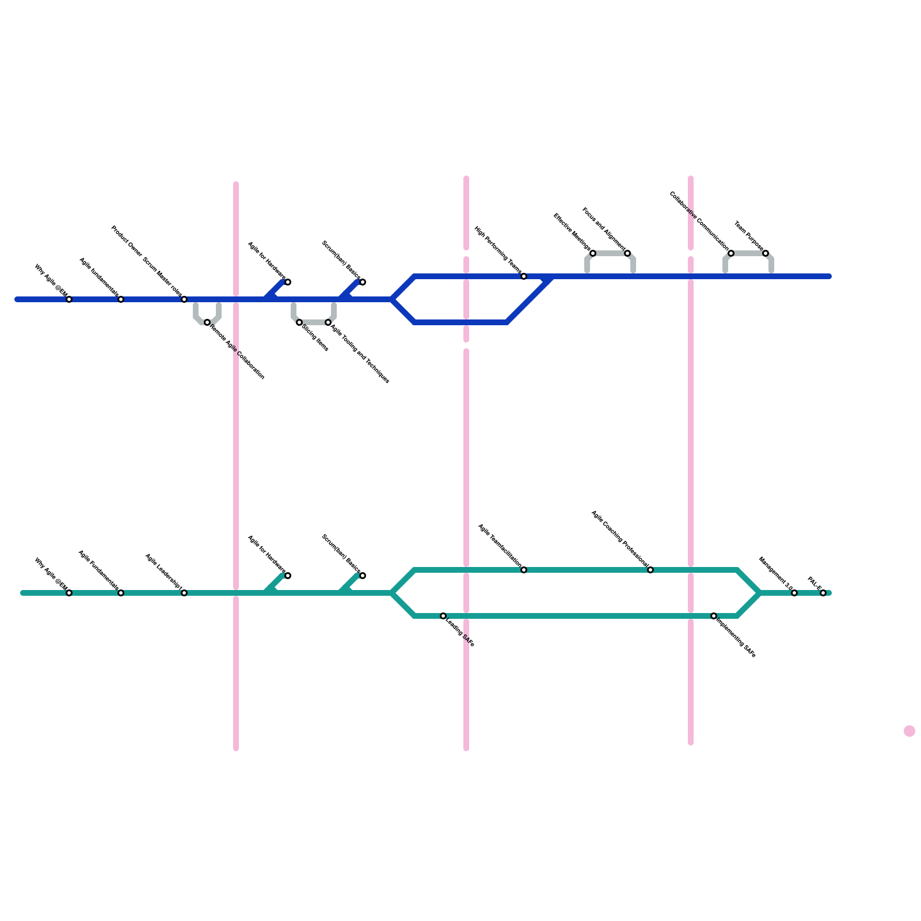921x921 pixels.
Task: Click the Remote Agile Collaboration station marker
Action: [x=207, y=322]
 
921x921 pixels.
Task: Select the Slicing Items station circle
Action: [x=299, y=322]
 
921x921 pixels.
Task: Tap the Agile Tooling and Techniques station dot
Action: [x=328, y=322]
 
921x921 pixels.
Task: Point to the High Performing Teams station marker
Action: [x=524, y=277]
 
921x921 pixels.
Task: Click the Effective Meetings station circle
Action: [x=593, y=253]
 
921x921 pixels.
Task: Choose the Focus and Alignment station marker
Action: [x=627, y=253]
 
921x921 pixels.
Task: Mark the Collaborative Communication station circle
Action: [x=731, y=253]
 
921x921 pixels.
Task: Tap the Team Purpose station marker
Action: [x=766, y=253]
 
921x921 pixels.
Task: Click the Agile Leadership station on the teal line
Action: [x=184, y=593]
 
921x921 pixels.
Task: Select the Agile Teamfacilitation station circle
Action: [x=524, y=570]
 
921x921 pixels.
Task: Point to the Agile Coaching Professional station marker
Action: [x=650, y=570]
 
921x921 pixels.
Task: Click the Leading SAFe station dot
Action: [x=443, y=616]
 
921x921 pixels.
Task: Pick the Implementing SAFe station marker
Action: [x=714, y=616]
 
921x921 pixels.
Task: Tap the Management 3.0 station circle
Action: [x=794, y=593]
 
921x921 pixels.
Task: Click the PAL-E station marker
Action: [x=823, y=593]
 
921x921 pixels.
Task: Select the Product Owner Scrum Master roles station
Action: [x=184, y=299]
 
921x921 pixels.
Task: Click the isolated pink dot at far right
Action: [x=909, y=731]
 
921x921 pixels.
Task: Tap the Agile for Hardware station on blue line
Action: [x=288, y=282]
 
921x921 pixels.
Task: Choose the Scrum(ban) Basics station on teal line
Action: [x=363, y=576]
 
